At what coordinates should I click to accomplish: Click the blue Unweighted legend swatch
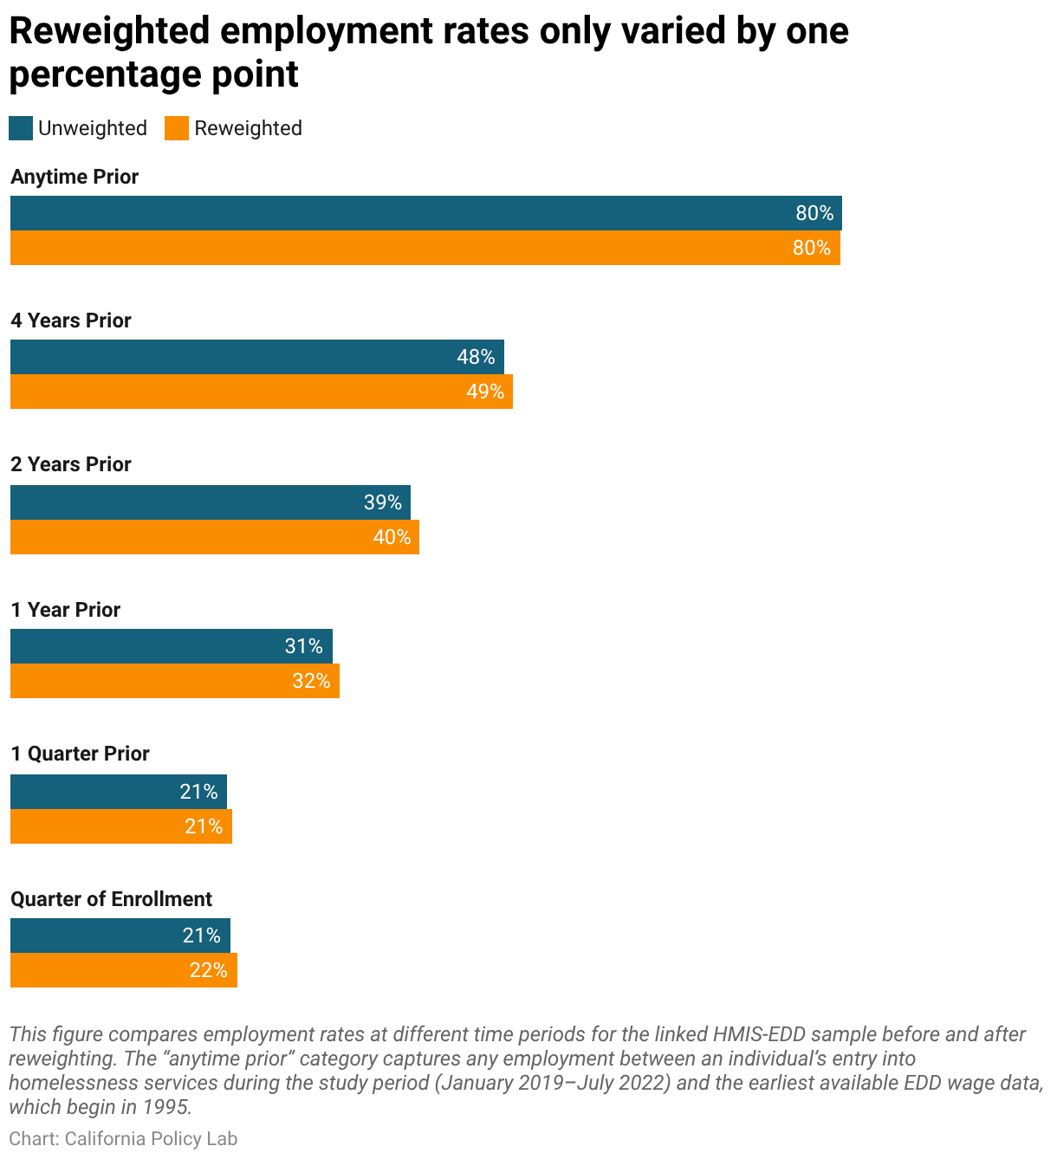[x=21, y=128]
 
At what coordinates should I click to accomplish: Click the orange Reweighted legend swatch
[x=177, y=128]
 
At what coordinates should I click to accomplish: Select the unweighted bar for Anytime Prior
[x=426, y=213]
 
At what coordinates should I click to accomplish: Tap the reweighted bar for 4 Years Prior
[x=261, y=392]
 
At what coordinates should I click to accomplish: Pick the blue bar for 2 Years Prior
[x=211, y=502]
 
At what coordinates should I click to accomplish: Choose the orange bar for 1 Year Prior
[x=174, y=681]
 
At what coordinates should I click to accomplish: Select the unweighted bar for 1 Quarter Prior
[x=119, y=792]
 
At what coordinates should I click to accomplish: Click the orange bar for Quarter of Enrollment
[x=124, y=971]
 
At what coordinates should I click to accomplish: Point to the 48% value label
[x=476, y=357]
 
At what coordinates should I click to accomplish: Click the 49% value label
[x=485, y=392]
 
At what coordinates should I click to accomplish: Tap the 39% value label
[x=383, y=502]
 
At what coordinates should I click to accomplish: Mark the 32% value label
[x=312, y=681]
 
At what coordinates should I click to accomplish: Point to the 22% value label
[x=209, y=971]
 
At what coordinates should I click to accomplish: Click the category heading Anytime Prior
[x=75, y=177]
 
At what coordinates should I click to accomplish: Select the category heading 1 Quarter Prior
[x=81, y=754]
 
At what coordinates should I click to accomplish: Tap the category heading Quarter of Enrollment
[x=112, y=900]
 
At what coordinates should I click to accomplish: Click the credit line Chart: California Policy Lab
[x=123, y=1139]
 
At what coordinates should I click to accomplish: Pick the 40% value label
[x=392, y=537]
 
